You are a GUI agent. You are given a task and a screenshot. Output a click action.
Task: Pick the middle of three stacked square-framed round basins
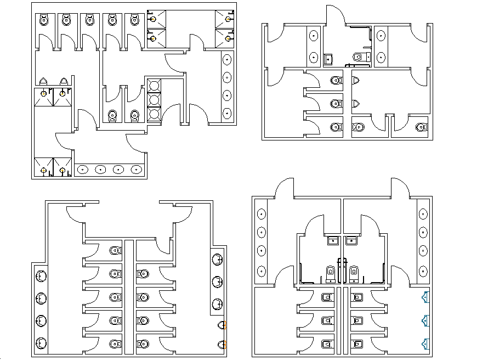tap(155, 100)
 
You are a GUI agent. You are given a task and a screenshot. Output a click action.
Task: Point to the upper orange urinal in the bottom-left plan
tap(222, 325)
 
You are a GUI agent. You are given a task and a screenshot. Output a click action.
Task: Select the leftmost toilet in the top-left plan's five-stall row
tap(43, 21)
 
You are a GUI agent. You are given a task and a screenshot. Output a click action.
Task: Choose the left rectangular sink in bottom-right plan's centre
tap(332, 240)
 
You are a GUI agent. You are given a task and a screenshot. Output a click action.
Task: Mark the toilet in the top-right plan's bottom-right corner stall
tap(421, 127)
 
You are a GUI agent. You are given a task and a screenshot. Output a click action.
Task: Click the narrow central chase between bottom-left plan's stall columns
tap(129, 296)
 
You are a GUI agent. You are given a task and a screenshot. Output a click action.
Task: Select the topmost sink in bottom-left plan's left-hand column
tap(41, 276)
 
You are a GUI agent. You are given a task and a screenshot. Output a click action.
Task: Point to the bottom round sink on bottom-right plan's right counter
tap(423, 271)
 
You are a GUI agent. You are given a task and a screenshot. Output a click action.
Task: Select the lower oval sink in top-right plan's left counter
tap(313, 57)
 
